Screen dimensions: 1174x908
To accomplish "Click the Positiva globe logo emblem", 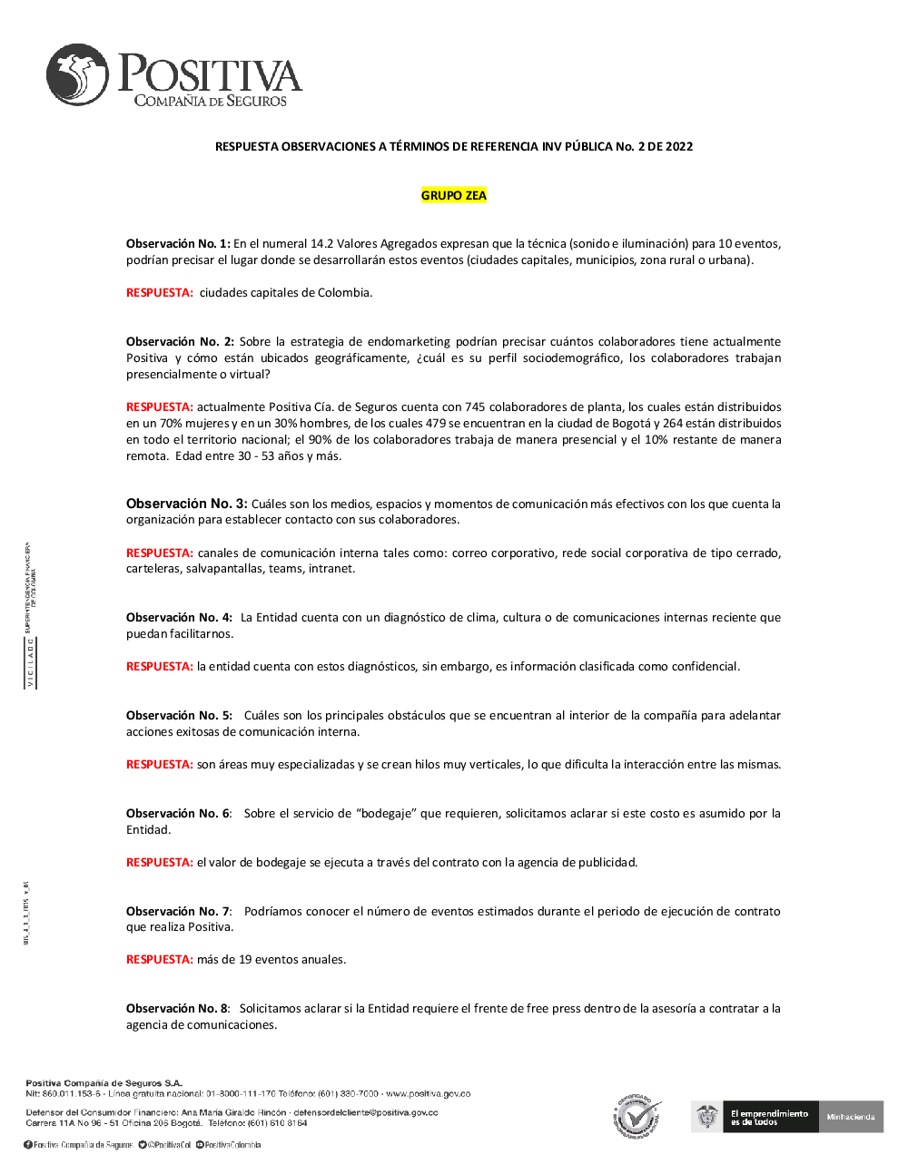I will (x=77, y=75).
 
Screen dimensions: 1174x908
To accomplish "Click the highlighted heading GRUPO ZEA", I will (x=454, y=195).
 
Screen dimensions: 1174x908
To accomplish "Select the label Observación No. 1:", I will (x=178, y=244).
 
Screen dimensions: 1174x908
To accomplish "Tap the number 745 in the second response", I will (x=475, y=407).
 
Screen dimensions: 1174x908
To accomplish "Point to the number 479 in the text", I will (x=436, y=424).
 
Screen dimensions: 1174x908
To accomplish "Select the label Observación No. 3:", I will (x=186, y=504).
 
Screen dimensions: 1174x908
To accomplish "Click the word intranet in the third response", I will (x=331, y=569).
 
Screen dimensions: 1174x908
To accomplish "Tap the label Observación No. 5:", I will (x=179, y=716).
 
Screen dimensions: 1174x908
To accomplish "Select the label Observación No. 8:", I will (x=178, y=1009).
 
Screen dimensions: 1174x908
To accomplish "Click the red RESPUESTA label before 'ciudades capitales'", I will (x=160, y=293).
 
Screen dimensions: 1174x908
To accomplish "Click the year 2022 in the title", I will (x=678, y=147).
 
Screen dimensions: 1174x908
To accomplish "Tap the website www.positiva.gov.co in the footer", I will (x=428, y=1094).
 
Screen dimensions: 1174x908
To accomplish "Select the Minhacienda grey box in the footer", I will (x=850, y=1117).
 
